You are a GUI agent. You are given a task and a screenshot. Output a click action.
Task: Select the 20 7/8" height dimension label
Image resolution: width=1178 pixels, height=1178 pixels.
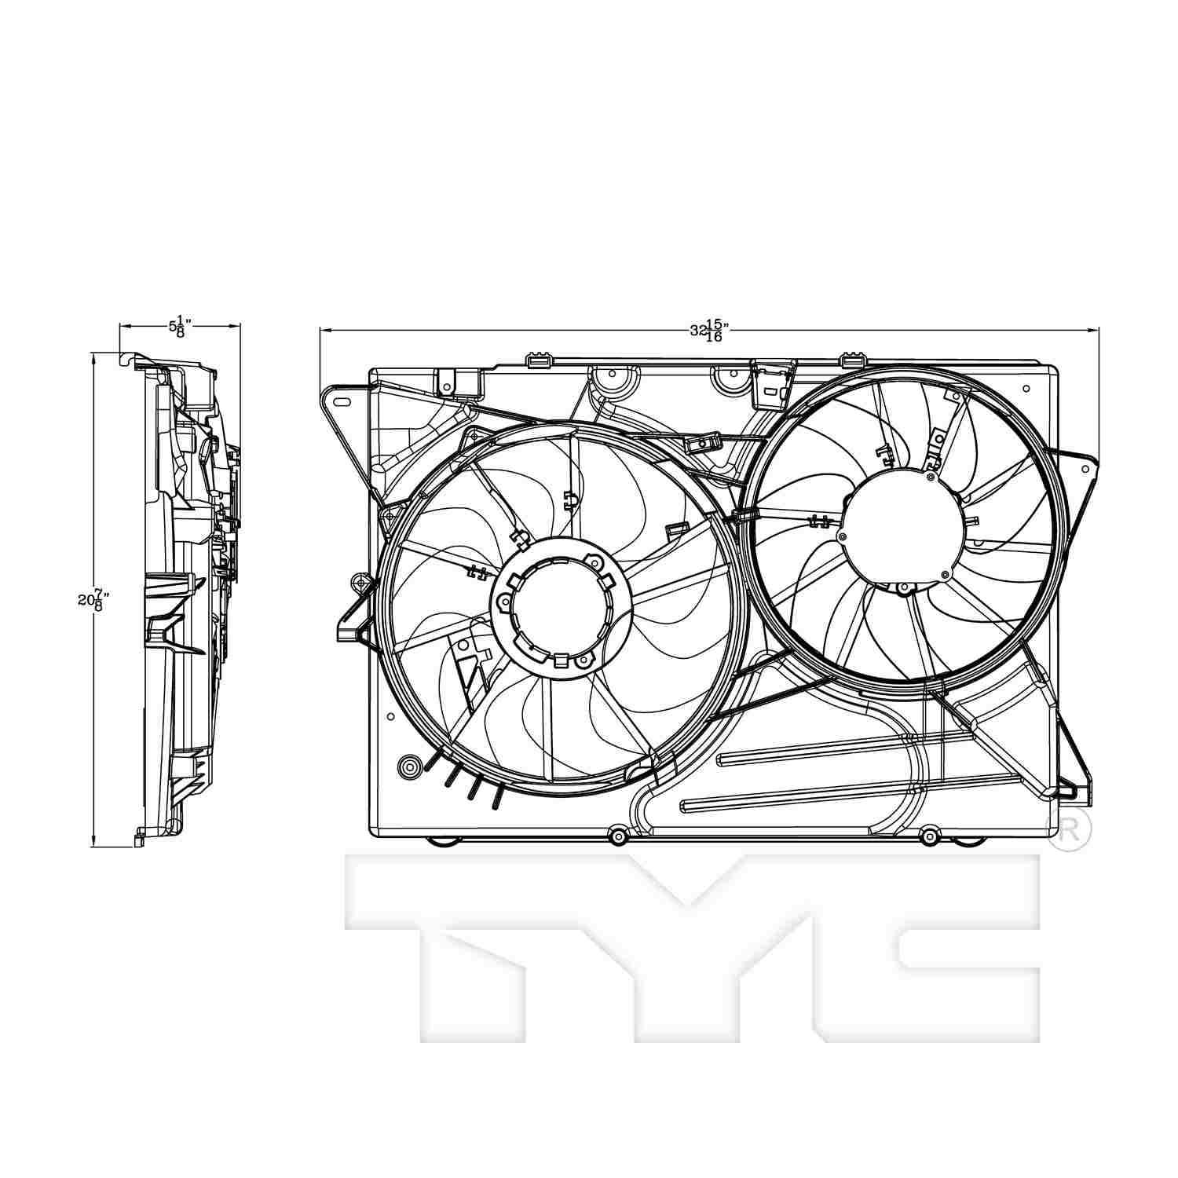(x=93, y=600)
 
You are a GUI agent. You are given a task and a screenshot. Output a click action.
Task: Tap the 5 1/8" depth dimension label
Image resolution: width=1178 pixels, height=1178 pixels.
(x=180, y=325)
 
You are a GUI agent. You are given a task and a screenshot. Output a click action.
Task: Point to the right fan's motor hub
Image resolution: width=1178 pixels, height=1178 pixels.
(x=902, y=525)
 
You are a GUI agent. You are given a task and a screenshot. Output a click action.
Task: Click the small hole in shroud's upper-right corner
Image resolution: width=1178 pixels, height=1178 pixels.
(x=1026, y=388)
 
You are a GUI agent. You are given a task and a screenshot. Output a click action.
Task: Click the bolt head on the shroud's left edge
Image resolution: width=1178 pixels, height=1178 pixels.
(x=360, y=584)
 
